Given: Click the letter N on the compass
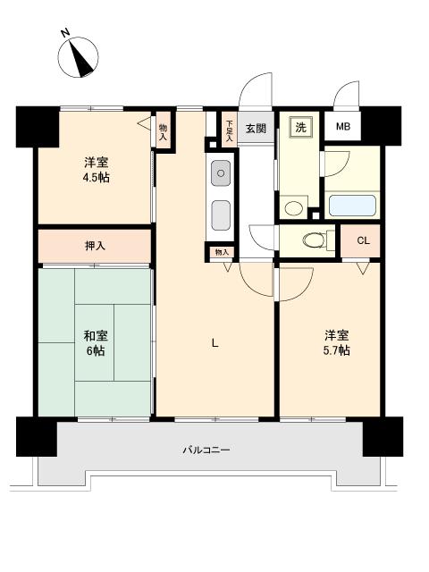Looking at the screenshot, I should coord(65,34).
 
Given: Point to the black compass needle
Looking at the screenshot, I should coord(83,60).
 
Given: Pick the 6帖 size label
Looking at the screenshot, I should coord(95,351).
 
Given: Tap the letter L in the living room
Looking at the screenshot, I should coord(214,341).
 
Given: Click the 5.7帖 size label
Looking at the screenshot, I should coord(336,350).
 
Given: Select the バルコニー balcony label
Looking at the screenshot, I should coord(206,450).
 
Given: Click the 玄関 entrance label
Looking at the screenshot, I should coord(256,129).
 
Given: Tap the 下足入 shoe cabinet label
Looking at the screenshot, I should coord(229,130).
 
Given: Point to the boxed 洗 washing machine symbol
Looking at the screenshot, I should coord(301,127).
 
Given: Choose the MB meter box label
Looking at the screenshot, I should coord(343,127).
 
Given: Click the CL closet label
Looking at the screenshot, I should coord(363,240).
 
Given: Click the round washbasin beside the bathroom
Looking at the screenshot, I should coord(291,208).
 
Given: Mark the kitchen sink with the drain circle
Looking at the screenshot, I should coord(219,170).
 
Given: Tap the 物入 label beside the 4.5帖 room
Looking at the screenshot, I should coord(163,133).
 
